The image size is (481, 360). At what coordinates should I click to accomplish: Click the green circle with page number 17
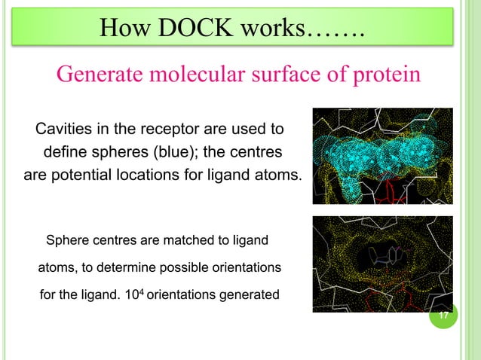[443, 315]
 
